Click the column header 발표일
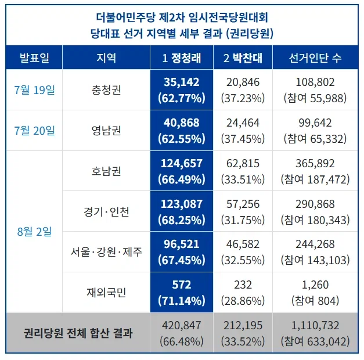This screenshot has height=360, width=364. (x=34, y=57)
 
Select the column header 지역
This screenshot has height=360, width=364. (x=106, y=57)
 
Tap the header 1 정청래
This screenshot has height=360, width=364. (x=182, y=58)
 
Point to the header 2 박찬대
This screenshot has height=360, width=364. (x=243, y=58)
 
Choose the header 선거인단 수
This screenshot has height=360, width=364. (x=315, y=58)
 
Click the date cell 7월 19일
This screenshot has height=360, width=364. (x=34, y=90)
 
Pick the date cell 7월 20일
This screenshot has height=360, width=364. (x=34, y=131)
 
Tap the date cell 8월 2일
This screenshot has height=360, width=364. (x=34, y=232)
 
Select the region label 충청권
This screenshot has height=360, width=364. (x=106, y=90)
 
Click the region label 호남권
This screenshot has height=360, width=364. (x=106, y=171)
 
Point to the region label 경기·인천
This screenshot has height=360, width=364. (x=106, y=212)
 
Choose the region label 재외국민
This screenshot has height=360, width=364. (x=106, y=293)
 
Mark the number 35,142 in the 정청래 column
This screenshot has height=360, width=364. (x=182, y=82)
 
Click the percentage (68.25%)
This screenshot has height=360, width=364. (x=182, y=220)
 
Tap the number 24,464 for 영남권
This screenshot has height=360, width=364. (x=243, y=123)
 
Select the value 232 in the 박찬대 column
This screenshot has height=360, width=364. (x=243, y=285)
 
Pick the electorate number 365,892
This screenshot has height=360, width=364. (x=315, y=164)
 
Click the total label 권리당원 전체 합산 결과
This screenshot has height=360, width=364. (x=78, y=333)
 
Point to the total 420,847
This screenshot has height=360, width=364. (x=182, y=325)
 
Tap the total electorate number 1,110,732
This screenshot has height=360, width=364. (x=315, y=325)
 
